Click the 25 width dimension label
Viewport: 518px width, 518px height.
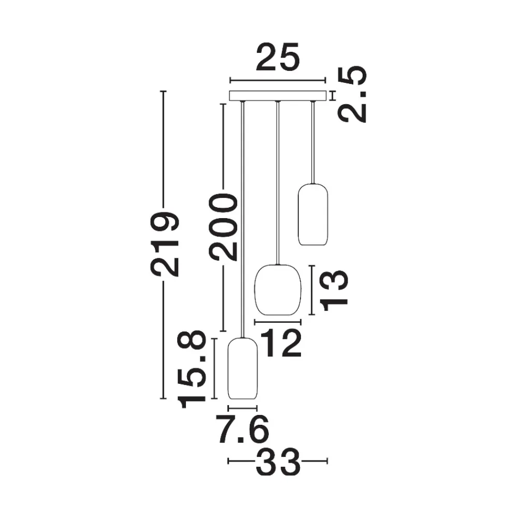[278, 57]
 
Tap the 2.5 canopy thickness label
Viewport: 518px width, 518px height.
[352, 94]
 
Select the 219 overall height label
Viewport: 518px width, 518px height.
[165, 243]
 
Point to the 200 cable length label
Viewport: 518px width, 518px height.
[223, 227]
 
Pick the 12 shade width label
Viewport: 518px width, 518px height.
[281, 343]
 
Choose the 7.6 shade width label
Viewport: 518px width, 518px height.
[242, 429]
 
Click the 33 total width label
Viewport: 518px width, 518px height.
[278, 461]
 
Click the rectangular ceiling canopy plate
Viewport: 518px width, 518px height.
[278, 95]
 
